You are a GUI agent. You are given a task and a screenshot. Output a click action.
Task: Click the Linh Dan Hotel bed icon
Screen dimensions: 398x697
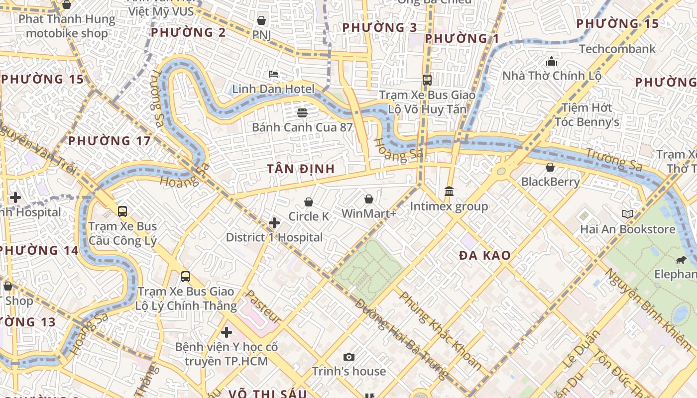(273, 74)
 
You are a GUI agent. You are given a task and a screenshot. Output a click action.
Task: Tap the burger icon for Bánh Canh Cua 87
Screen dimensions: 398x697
(302, 112)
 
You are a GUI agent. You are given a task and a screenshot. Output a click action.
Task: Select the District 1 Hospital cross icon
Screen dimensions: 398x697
(274, 222)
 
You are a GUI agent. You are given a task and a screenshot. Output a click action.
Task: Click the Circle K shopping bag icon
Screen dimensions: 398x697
(309, 201)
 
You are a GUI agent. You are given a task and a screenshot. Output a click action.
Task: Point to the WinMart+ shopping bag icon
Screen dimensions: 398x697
(369, 199)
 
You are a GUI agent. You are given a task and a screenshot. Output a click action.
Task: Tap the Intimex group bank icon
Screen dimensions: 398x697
(449, 191)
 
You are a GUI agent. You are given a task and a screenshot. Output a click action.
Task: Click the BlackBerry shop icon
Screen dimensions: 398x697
(550, 167)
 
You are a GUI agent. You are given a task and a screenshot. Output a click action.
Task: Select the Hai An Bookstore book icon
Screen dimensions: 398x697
(628, 214)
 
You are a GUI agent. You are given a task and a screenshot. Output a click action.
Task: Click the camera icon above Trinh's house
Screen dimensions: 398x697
(349, 357)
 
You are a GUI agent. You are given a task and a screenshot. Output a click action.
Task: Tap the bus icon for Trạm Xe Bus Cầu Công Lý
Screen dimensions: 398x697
(122, 211)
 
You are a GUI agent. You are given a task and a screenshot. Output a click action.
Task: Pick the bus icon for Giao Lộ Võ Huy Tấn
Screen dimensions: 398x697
(427, 80)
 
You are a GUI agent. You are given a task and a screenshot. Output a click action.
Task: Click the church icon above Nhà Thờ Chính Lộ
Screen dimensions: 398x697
(552, 61)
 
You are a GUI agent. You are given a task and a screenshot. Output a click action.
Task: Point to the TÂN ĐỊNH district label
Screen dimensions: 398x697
(300, 169)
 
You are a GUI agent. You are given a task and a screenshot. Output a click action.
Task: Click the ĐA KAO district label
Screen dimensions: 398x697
(484, 256)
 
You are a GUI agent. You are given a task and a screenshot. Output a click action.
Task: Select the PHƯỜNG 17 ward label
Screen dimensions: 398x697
(109, 141)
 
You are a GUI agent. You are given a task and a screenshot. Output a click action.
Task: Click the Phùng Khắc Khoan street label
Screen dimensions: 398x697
(440, 331)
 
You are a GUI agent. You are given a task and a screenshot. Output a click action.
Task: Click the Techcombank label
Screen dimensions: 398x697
(617, 49)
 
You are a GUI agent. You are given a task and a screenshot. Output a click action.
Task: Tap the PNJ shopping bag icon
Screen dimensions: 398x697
(261, 20)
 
